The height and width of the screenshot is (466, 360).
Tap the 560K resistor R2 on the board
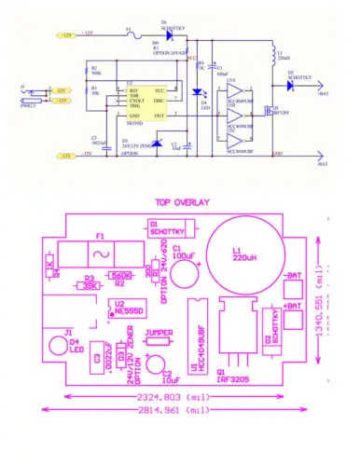[x=120, y=277]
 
